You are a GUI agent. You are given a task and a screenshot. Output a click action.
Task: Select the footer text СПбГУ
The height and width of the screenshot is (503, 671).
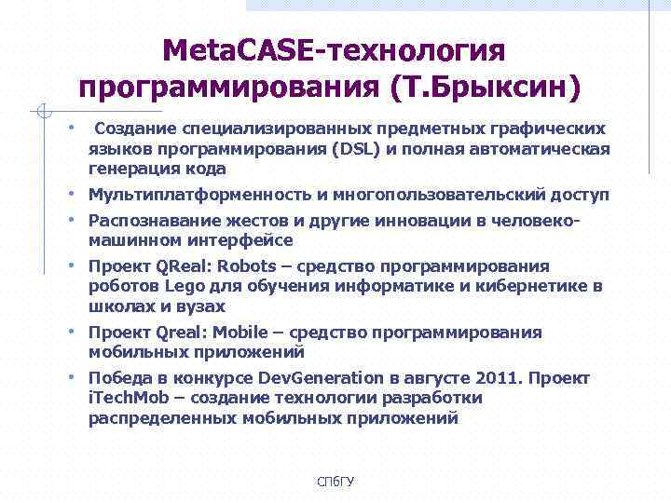pyautogui.click(x=335, y=481)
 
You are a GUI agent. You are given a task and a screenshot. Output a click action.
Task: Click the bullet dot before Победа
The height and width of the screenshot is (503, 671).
pyautogui.click(x=71, y=377)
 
